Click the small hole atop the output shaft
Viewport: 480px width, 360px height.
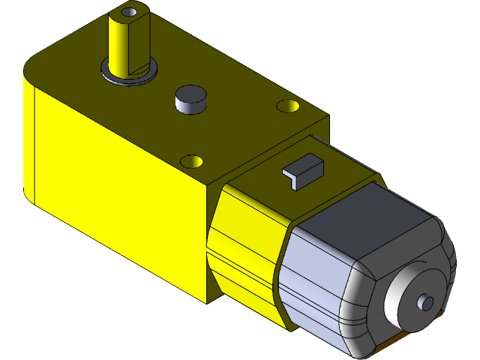point(130,13)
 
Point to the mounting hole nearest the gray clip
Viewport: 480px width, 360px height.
point(193,161)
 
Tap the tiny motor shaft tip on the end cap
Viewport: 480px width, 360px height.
point(426,302)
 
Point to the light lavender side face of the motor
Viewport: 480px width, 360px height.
point(315,270)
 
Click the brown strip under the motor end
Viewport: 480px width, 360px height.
point(382,349)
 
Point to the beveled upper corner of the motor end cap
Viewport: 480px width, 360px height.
point(442,232)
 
